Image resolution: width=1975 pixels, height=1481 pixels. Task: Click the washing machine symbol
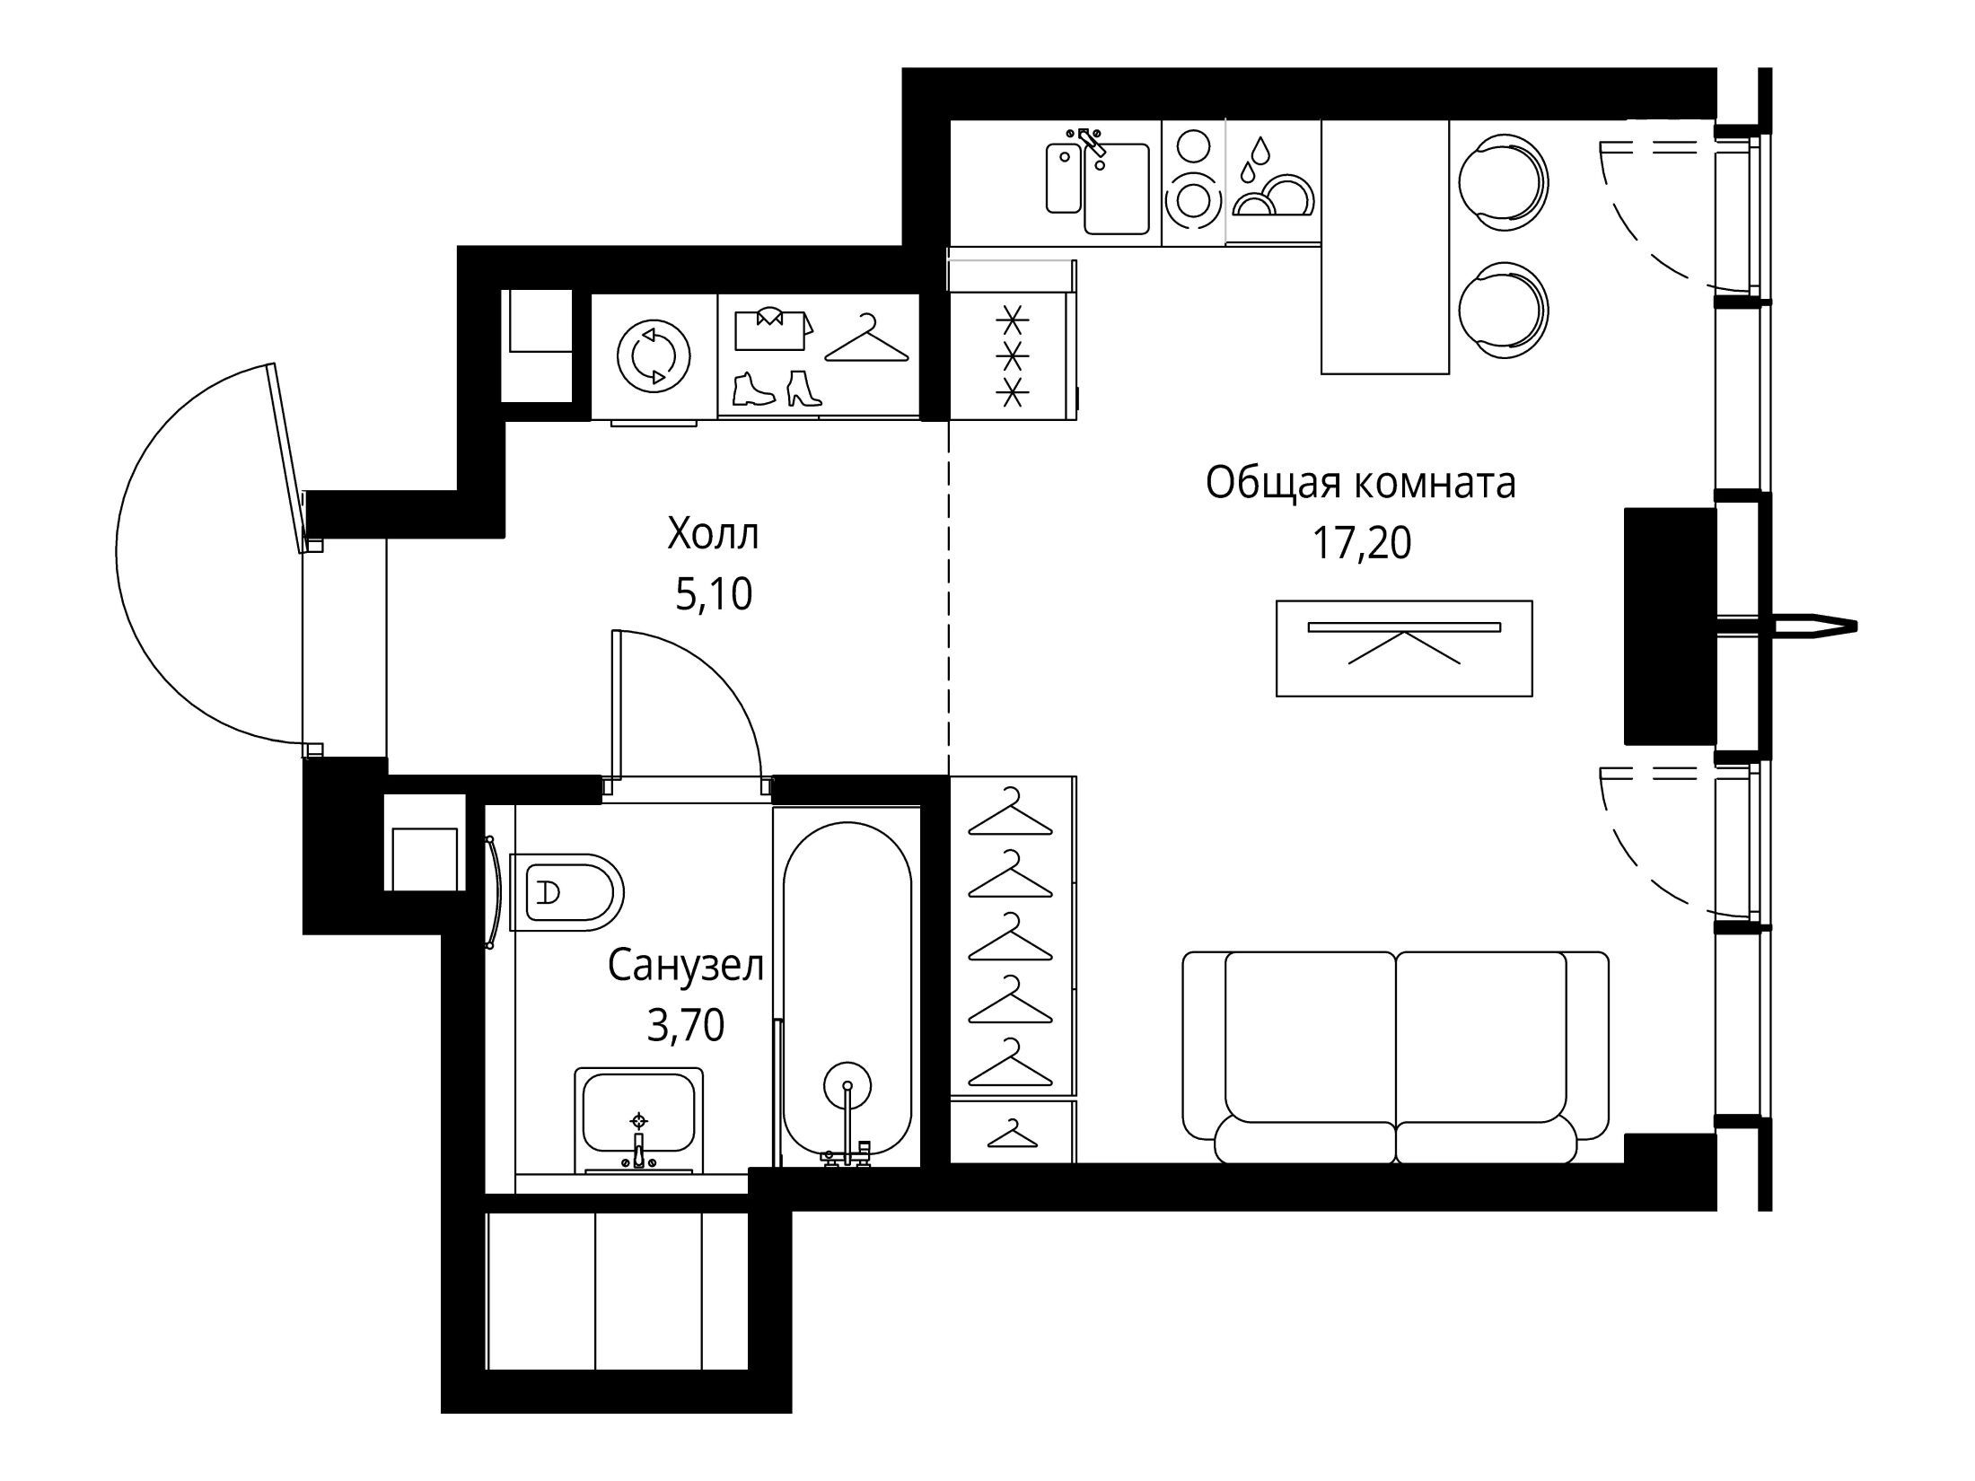(x=654, y=356)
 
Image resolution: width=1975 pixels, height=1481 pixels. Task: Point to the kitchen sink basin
(x=1116, y=188)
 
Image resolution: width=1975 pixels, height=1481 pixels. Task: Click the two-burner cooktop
(x=1193, y=183)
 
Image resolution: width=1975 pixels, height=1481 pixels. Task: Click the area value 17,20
(x=1361, y=543)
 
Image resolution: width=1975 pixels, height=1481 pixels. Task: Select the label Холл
(x=714, y=534)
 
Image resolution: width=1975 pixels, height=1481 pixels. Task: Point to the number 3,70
(x=686, y=1024)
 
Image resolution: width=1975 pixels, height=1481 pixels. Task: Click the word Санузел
(x=686, y=966)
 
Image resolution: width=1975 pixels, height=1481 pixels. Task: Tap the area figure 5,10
(x=714, y=593)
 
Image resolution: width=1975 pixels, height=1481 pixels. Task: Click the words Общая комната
(x=1361, y=483)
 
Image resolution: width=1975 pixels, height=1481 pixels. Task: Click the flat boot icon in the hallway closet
(x=752, y=389)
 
